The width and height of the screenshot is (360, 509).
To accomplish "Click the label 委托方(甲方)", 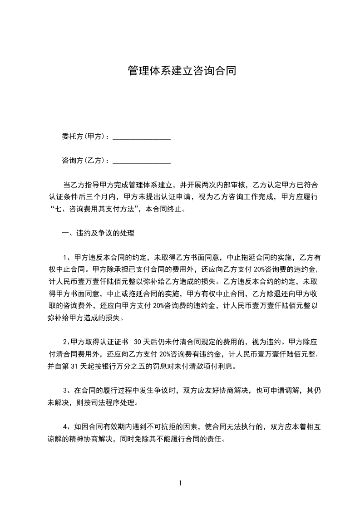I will (84, 137).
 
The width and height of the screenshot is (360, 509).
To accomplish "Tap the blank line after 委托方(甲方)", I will (141, 138).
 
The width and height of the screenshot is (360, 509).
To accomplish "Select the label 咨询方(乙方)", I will (84, 161).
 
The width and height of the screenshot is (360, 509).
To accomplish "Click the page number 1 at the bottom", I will (180, 483).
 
